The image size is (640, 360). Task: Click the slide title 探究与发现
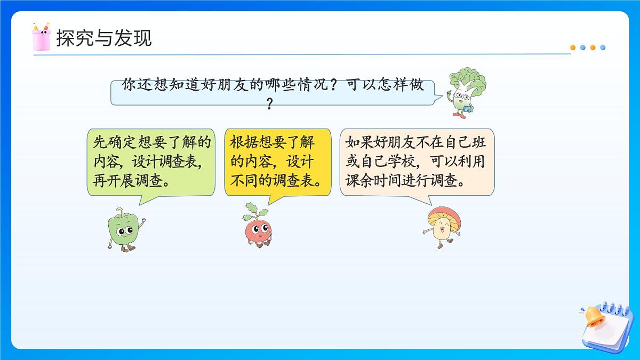(104, 38)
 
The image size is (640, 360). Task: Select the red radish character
(258, 227)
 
